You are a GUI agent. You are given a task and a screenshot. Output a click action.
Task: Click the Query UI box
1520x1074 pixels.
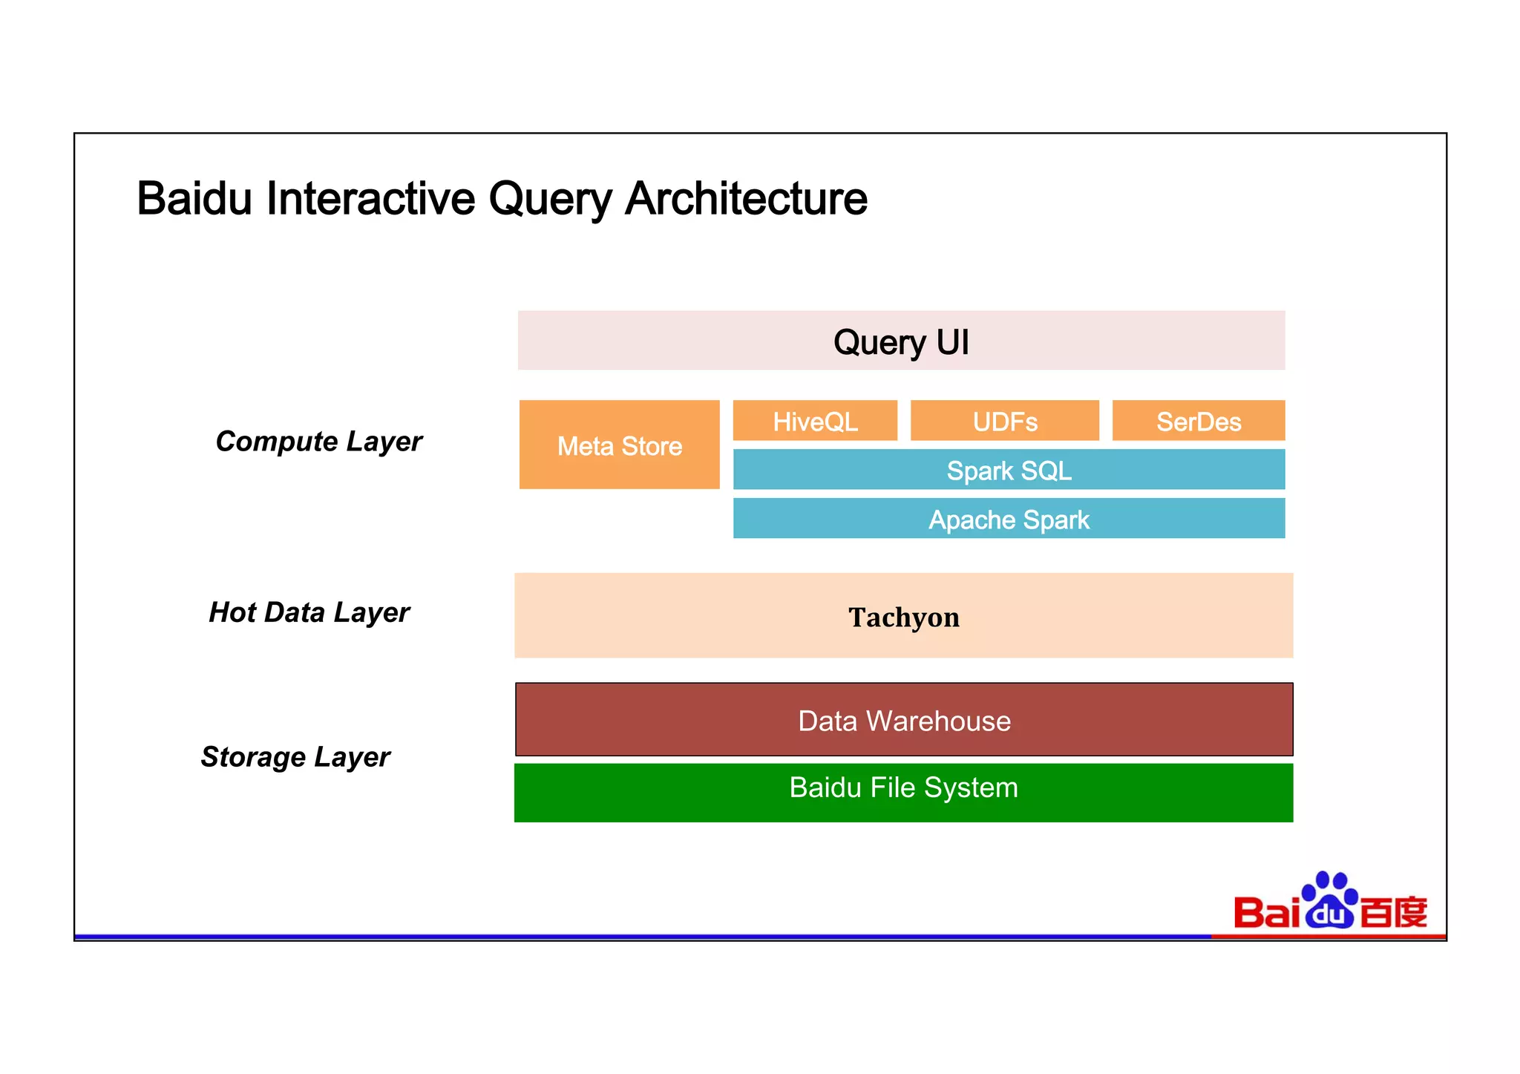click(x=901, y=341)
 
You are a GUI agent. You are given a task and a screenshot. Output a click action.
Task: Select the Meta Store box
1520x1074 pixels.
click(x=619, y=445)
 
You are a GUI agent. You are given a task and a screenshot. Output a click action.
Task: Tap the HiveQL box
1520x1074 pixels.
click(x=815, y=421)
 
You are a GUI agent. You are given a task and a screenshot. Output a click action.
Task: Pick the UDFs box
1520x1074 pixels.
click(x=1004, y=421)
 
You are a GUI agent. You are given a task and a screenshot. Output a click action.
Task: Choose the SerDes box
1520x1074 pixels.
click(x=1198, y=421)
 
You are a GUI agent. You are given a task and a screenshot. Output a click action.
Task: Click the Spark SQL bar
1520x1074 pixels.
click(x=1009, y=470)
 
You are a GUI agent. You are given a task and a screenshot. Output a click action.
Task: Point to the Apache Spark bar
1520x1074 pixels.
click(x=1009, y=519)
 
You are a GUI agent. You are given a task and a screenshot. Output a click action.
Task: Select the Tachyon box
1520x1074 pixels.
click(x=903, y=616)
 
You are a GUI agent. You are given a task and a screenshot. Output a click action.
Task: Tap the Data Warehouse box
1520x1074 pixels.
click(x=903, y=720)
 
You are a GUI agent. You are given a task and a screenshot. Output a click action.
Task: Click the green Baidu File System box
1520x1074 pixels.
click(x=903, y=792)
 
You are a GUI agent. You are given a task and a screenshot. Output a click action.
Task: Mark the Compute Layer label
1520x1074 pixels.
click(x=318, y=442)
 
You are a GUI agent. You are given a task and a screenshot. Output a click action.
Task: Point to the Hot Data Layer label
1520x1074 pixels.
click(x=309, y=612)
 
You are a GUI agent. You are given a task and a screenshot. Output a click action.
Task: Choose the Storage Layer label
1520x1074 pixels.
click(x=295, y=757)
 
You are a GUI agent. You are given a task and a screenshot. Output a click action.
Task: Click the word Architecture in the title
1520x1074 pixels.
click(x=746, y=199)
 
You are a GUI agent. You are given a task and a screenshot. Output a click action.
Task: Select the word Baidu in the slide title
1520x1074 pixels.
click(x=194, y=199)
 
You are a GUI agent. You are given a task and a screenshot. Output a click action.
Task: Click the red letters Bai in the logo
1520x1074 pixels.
click(x=1266, y=913)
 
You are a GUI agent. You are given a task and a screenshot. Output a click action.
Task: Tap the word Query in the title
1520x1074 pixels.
click(x=549, y=199)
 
